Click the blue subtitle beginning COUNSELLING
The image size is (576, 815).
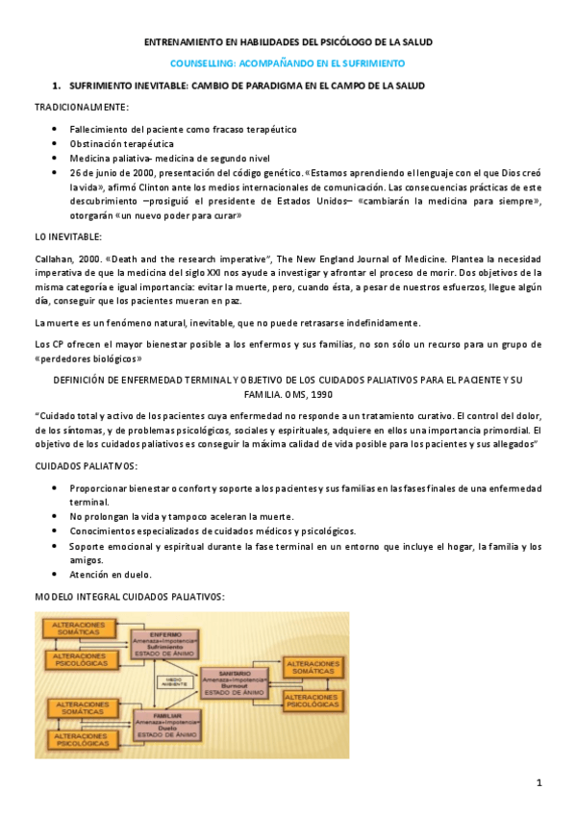pyautogui.click(x=288, y=62)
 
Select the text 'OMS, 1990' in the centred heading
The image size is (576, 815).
pyautogui.click(x=284, y=393)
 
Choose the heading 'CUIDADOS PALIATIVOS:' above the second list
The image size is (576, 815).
pyautogui.click(x=86, y=466)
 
